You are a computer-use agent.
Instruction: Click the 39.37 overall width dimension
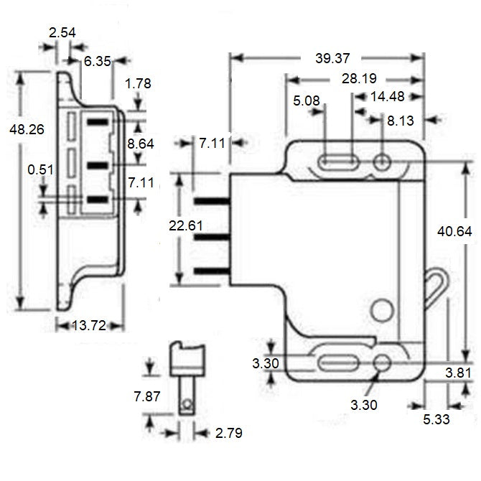point(328,57)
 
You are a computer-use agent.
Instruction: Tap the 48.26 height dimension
point(22,130)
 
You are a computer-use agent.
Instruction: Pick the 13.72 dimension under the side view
point(89,325)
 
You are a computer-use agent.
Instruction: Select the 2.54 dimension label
point(62,32)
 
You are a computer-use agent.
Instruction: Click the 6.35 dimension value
point(97,62)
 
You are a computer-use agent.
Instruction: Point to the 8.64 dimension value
point(140,144)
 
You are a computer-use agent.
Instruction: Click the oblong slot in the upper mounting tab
point(337,162)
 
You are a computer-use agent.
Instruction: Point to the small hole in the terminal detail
point(188,404)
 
